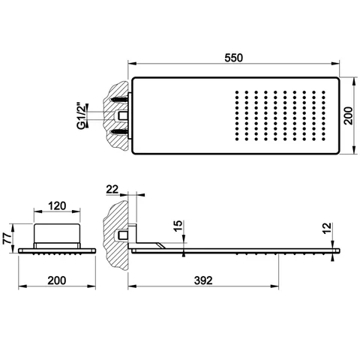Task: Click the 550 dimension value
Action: (x=233, y=58)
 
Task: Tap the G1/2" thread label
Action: (x=82, y=115)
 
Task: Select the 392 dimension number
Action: (x=203, y=280)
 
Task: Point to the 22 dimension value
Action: (x=112, y=189)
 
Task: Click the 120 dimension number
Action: (x=57, y=205)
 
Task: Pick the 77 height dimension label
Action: (x=7, y=238)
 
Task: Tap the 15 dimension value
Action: (x=178, y=226)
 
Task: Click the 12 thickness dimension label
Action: (x=327, y=228)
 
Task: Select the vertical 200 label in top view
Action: (x=348, y=115)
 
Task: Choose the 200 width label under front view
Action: (x=57, y=280)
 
